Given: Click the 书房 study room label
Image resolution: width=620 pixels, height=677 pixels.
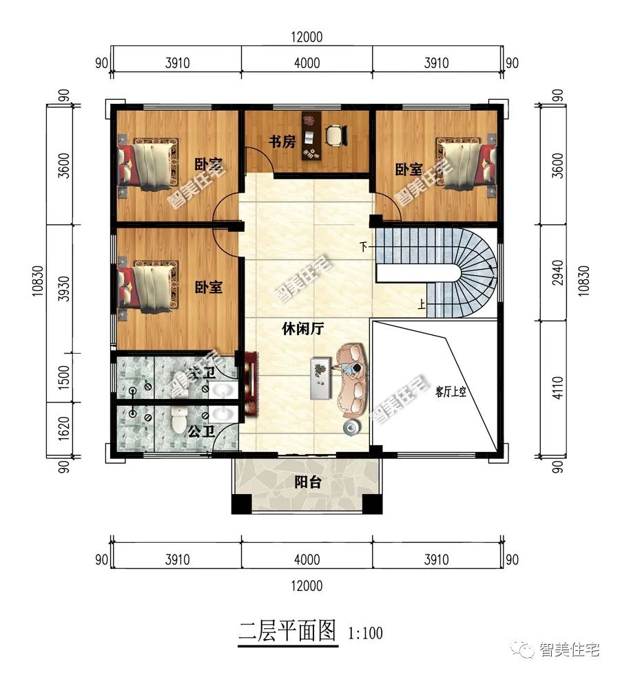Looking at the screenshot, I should coord(282,142).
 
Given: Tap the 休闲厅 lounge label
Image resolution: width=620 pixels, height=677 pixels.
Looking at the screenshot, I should coord(303,329).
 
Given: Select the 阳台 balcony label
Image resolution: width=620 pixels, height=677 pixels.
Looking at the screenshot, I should coord(307,483).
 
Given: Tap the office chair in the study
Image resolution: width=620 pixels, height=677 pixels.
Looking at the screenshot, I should coord(335,135).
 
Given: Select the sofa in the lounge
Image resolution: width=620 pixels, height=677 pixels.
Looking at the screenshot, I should coord(353,380).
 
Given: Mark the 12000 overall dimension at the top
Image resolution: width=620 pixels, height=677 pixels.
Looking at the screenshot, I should coord(307,37).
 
